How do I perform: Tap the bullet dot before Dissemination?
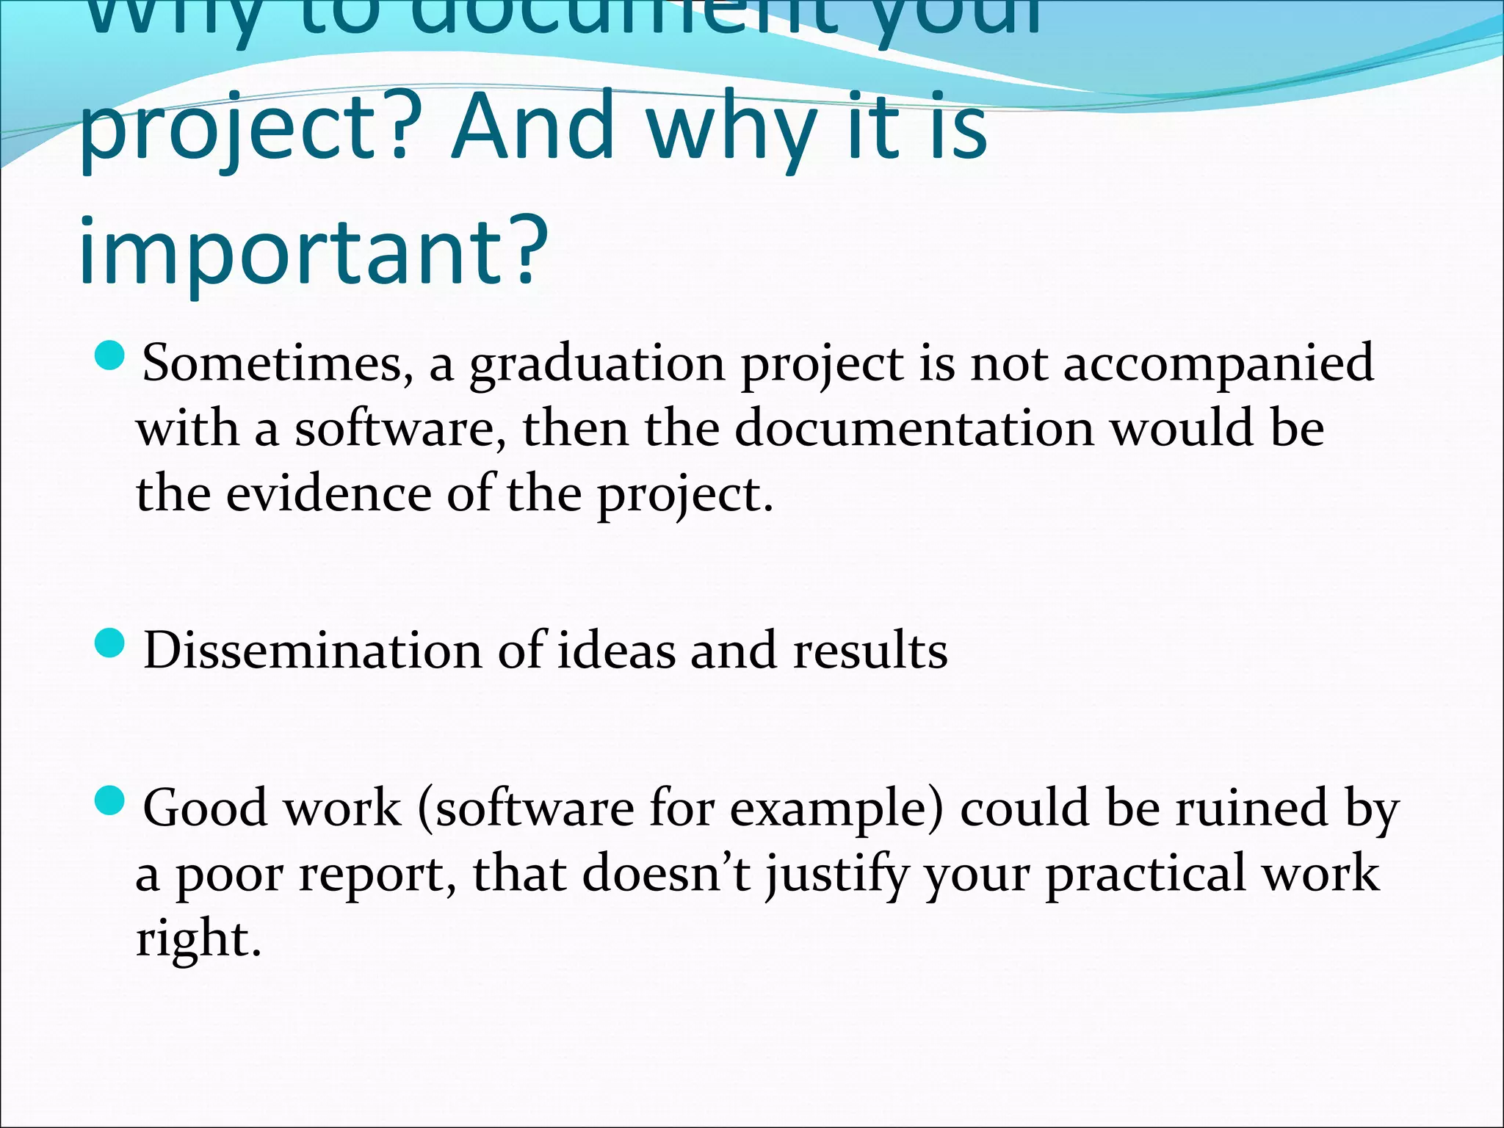tap(111, 644)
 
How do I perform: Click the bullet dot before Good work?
tap(111, 800)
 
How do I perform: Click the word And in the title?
tap(533, 126)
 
